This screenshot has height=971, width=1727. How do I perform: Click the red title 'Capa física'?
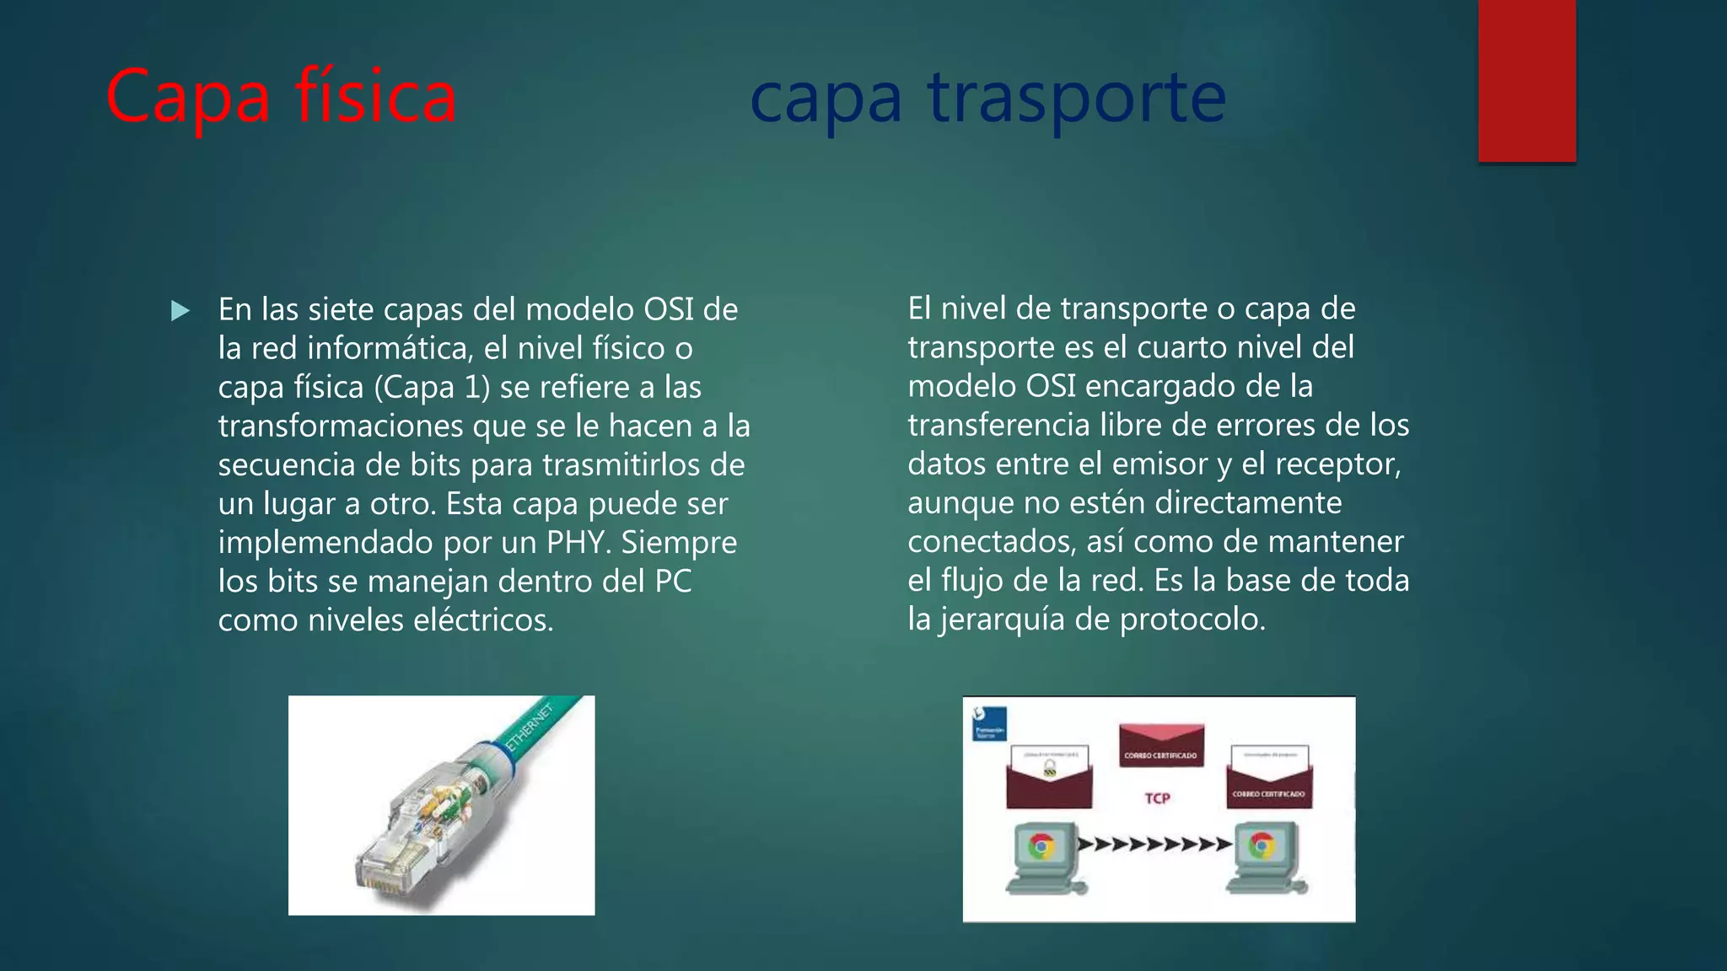(x=281, y=97)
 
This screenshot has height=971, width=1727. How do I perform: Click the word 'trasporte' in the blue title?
(x=1077, y=99)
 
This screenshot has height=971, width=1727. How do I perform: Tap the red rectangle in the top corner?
(x=1526, y=80)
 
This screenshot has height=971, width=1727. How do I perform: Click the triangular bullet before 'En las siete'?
(x=180, y=311)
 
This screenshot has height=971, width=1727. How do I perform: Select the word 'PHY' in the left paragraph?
(x=576, y=542)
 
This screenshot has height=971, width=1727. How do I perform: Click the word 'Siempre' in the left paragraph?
(x=679, y=542)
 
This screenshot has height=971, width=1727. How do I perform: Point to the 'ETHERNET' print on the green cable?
(x=529, y=726)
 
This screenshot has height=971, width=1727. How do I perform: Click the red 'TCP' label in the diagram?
(x=1157, y=798)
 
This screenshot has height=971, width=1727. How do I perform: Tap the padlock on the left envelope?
(x=1050, y=768)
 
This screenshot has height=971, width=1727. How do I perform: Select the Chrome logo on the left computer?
(x=1041, y=846)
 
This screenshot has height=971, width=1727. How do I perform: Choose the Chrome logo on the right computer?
(x=1262, y=845)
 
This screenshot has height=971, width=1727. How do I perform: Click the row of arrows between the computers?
(x=1153, y=844)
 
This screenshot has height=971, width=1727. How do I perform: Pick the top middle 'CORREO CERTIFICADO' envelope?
(x=1160, y=744)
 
